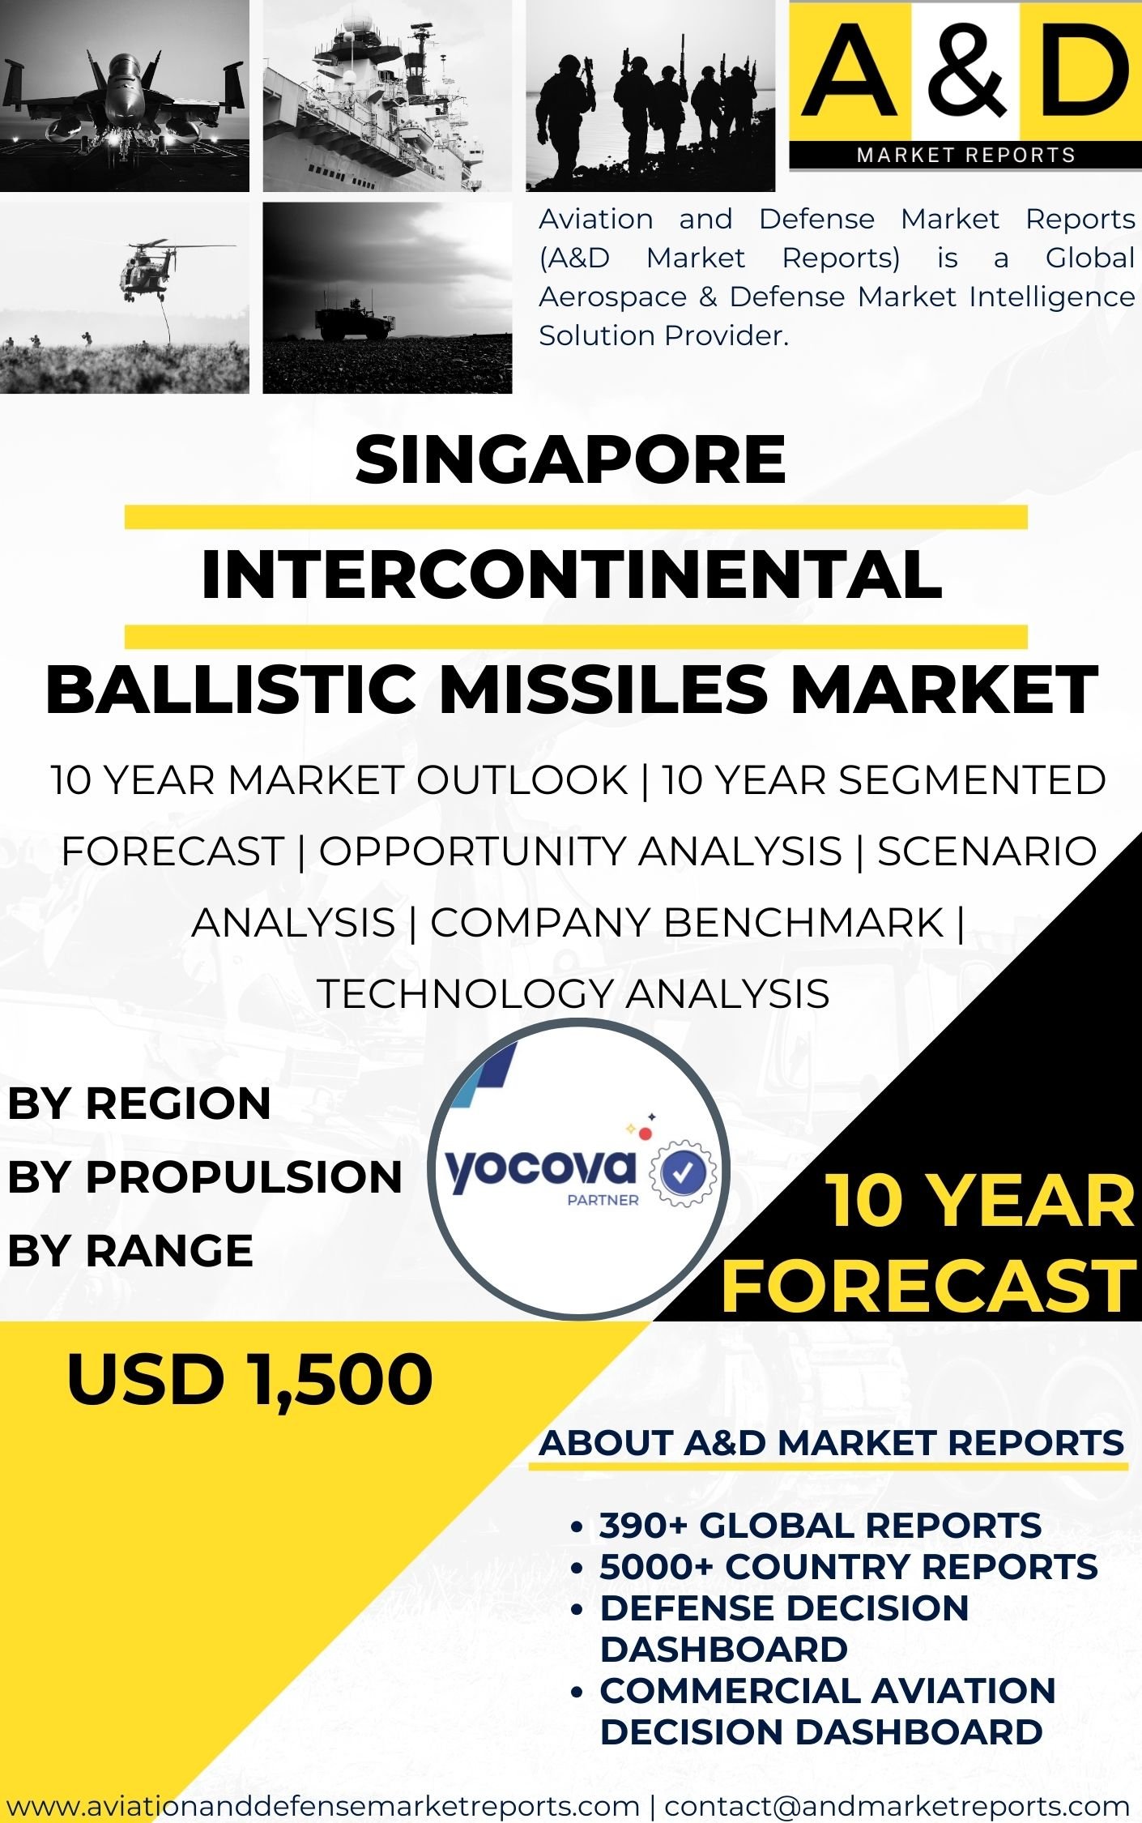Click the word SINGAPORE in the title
pos(570,459)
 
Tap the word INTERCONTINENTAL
pos(572,574)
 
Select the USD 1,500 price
pos(249,1379)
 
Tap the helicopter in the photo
pos(154,267)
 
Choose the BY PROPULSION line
pos(205,1176)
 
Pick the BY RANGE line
pos(130,1250)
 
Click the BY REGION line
pos(139,1104)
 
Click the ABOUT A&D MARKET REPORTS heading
pos(832,1443)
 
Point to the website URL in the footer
pos(323,1806)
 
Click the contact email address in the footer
pos(897,1806)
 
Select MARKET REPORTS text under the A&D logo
pos(966,155)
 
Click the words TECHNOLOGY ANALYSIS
pos(573,994)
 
